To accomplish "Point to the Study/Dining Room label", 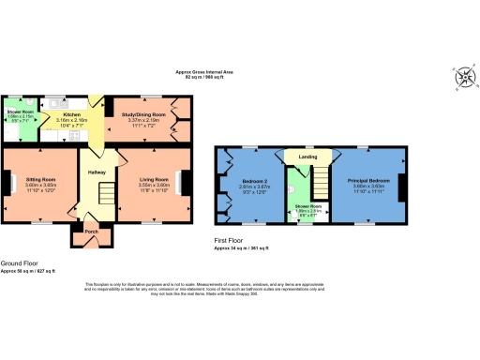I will coord(148,115).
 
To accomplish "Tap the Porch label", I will coord(91,230).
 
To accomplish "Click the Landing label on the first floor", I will coord(308,157).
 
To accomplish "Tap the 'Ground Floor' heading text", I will coord(19,263).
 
